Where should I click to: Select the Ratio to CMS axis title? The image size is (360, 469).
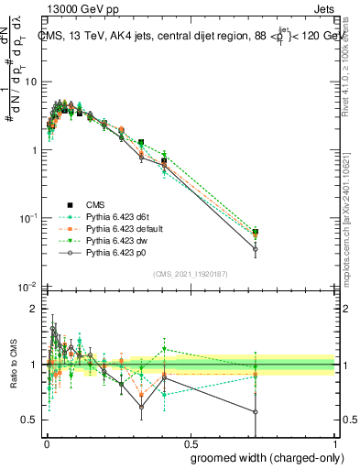13,364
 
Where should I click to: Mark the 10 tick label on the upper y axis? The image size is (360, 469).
31,82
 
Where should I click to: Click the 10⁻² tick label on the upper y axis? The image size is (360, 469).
29,287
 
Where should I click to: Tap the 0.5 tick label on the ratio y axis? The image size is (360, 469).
30,420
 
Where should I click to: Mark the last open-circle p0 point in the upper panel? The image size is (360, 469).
256,249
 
